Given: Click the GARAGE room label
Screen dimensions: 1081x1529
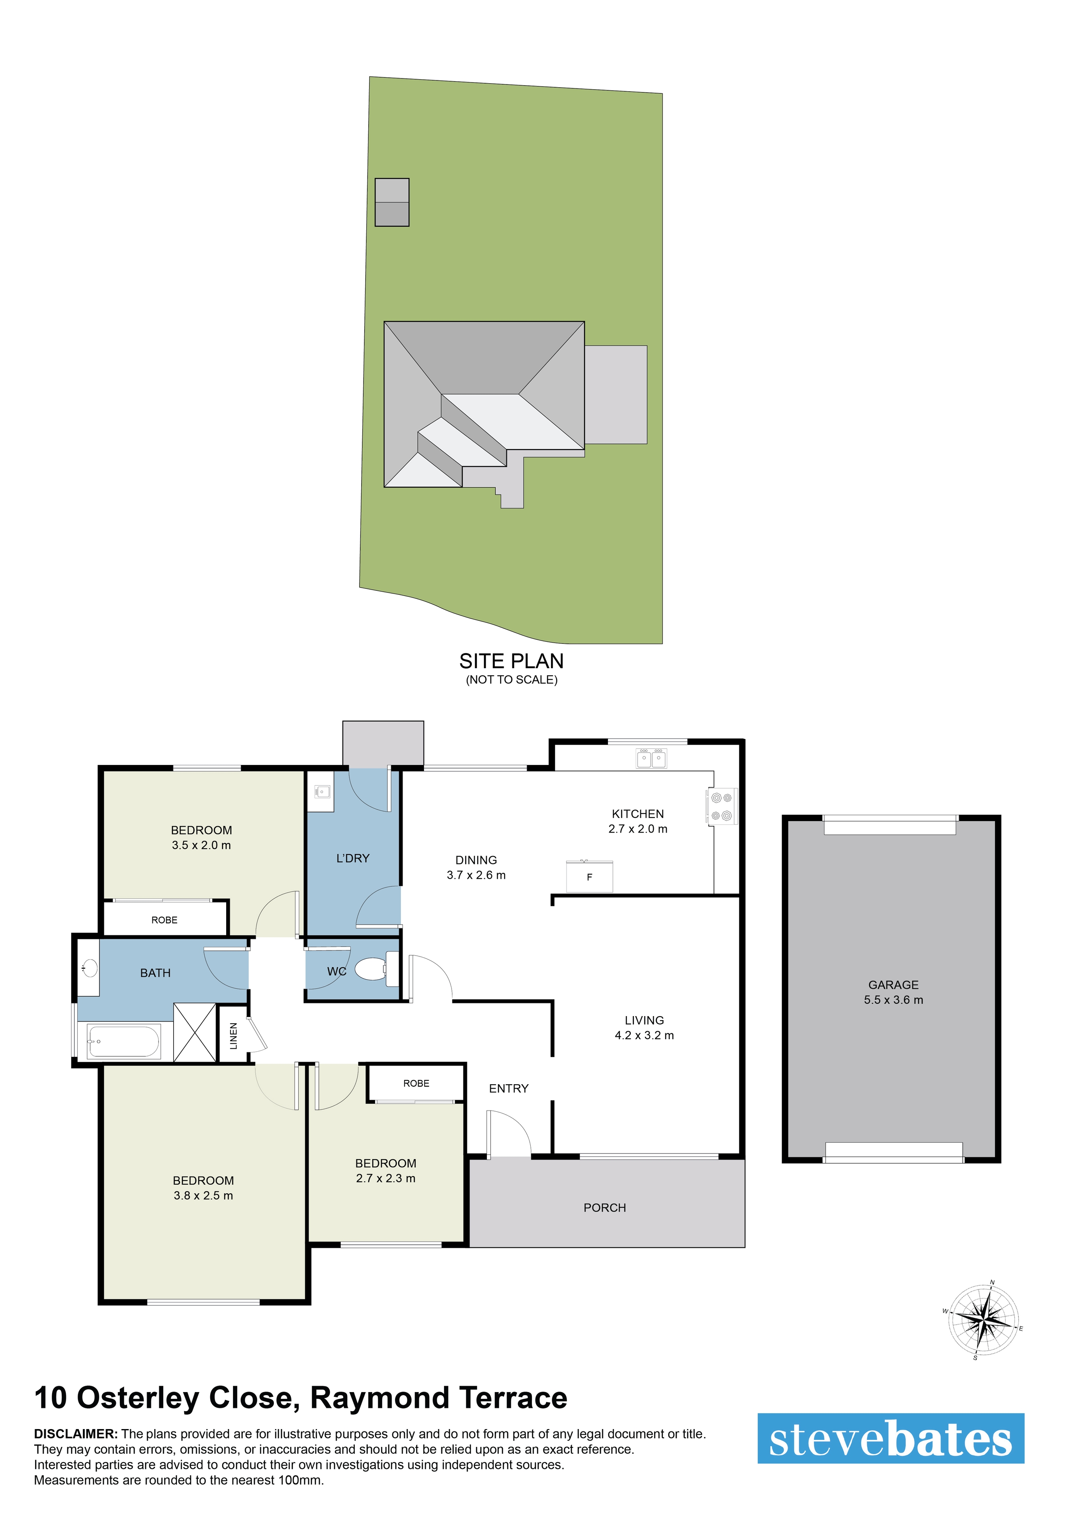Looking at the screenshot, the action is point(893,985).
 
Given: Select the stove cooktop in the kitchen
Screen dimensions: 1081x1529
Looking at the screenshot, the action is point(722,806).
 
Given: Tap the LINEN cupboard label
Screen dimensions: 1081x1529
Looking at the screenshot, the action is point(233,1036).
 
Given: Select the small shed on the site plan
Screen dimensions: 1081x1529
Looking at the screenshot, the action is point(392,202).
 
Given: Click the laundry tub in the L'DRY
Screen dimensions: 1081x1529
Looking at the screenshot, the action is point(321,792).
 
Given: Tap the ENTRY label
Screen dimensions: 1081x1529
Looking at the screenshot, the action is point(508,1089).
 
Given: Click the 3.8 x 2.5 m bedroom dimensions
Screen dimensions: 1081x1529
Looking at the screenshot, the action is point(203,1195).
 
